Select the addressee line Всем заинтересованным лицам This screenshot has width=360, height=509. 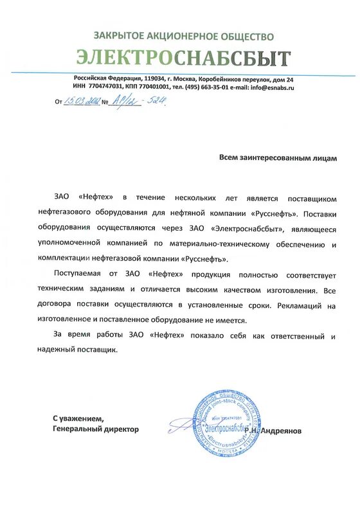[277, 157]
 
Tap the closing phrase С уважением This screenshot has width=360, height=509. [78, 418]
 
